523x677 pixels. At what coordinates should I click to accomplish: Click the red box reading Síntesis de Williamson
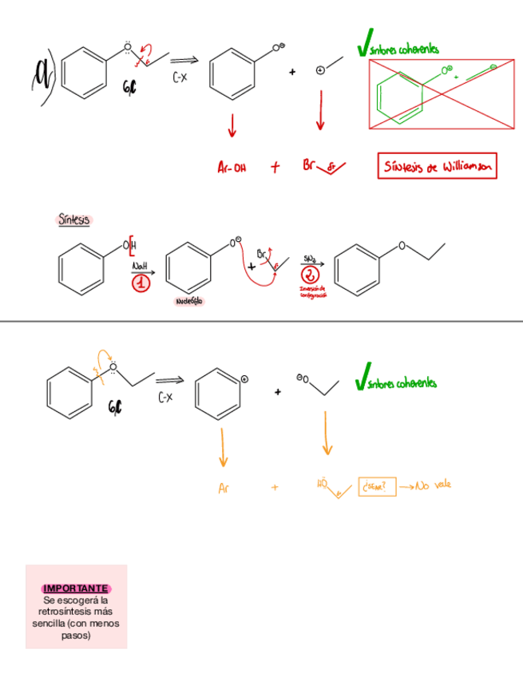point(437,167)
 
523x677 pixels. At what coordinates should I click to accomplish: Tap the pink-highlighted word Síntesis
point(74,219)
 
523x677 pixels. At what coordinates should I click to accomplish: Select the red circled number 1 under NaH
point(141,285)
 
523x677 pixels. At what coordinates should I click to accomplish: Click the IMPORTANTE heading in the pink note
point(76,588)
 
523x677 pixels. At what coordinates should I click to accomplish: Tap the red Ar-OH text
point(232,168)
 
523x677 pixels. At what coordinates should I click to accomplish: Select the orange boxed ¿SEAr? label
point(377,486)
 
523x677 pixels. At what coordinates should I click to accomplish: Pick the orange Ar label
point(224,488)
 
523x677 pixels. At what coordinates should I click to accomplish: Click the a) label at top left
point(42,77)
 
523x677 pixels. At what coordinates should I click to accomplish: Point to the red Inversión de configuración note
point(311,291)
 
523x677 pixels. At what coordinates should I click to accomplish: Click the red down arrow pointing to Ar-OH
point(233,126)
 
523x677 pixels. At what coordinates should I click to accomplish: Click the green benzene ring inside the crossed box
point(397,99)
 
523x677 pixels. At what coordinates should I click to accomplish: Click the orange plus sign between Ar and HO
point(275,486)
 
